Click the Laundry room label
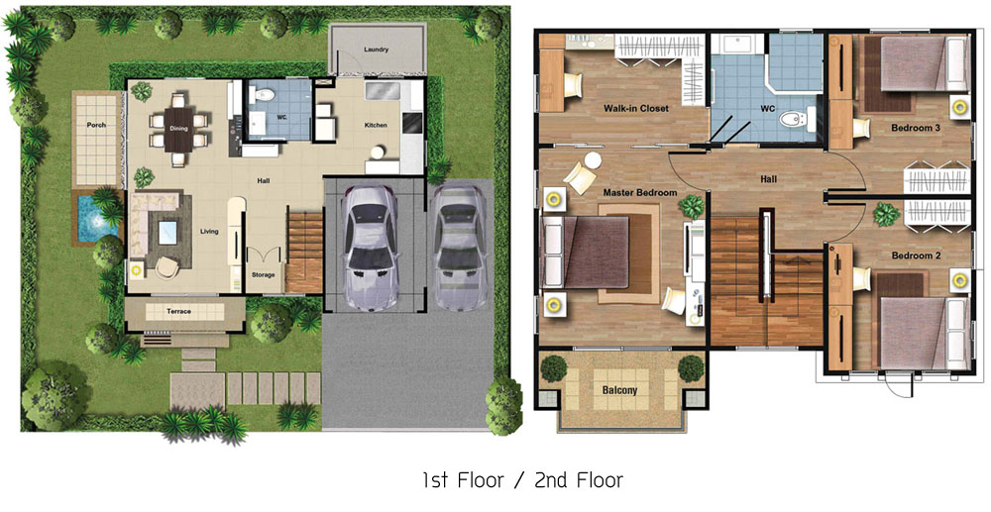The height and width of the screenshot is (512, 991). pos(376,50)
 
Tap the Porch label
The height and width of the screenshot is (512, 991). pos(96,125)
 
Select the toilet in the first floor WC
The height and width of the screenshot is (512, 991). pos(265,95)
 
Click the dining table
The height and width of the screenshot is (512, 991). pos(178,130)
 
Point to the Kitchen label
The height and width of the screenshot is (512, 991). pos(376,125)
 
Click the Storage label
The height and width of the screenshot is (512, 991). pos(263,274)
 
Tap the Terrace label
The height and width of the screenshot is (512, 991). pos(178,311)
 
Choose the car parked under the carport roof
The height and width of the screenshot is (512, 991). pos(371,250)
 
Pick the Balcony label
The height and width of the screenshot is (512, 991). pos(619,390)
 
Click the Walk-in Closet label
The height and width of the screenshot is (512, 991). pos(636,109)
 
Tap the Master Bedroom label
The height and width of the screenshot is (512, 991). pos(639,192)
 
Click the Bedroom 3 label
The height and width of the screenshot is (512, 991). pos(916,128)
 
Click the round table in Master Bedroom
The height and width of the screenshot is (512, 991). pos(593,161)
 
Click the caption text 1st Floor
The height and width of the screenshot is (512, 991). pos(464,480)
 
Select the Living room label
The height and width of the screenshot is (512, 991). pos(209,231)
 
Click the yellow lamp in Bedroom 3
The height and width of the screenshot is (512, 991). pos(960,107)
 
